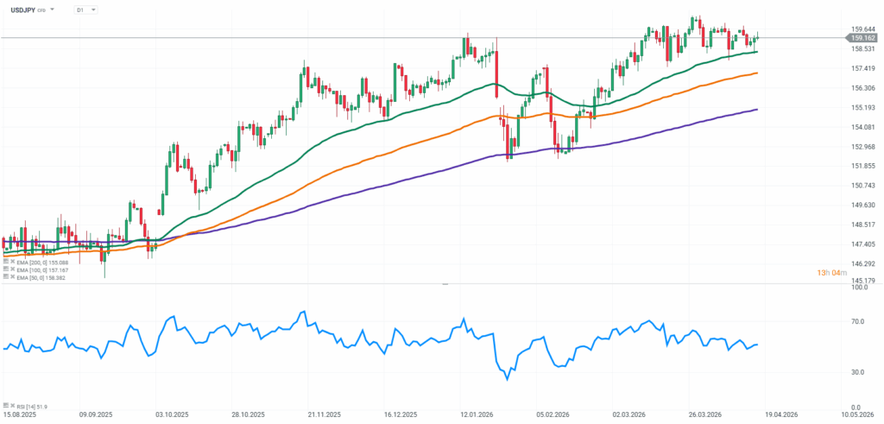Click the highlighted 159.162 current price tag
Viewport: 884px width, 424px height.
863,38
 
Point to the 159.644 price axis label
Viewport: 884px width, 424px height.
863,29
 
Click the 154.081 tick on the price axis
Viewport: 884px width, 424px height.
863,127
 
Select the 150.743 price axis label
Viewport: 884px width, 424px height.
863,186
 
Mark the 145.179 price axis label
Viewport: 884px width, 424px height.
863,282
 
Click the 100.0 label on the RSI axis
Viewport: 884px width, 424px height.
860,288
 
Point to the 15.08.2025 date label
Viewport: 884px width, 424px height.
19,415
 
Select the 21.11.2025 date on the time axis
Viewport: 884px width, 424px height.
326,415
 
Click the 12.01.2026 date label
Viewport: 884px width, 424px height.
476,415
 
